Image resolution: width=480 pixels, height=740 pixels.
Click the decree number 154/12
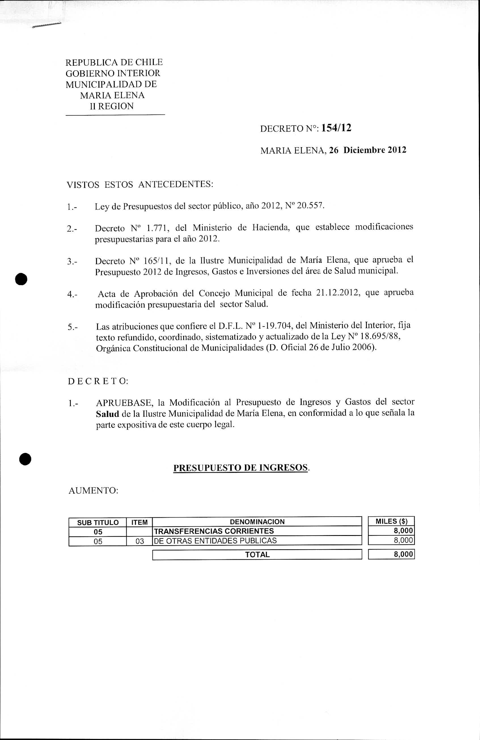tap(336, 128)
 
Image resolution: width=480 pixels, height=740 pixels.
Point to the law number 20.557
tap(310, 205)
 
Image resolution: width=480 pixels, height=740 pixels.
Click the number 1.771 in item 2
tap(157, 228)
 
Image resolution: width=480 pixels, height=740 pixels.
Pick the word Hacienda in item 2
tap(271, 227)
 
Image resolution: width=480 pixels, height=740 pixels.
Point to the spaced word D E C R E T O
tap(98, 381)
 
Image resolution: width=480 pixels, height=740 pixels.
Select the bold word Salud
tap(107, 414)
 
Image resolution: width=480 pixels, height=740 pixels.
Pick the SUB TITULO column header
tap(98, 522)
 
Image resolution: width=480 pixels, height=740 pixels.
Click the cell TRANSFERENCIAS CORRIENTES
tap(214, 531)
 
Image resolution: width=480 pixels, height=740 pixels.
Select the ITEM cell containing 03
tap(140, 541)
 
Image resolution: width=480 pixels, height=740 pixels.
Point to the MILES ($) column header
tap(391, 521)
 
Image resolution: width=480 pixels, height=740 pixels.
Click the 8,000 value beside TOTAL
tap(403, 554)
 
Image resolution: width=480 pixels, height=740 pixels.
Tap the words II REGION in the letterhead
tap(112, 106)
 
